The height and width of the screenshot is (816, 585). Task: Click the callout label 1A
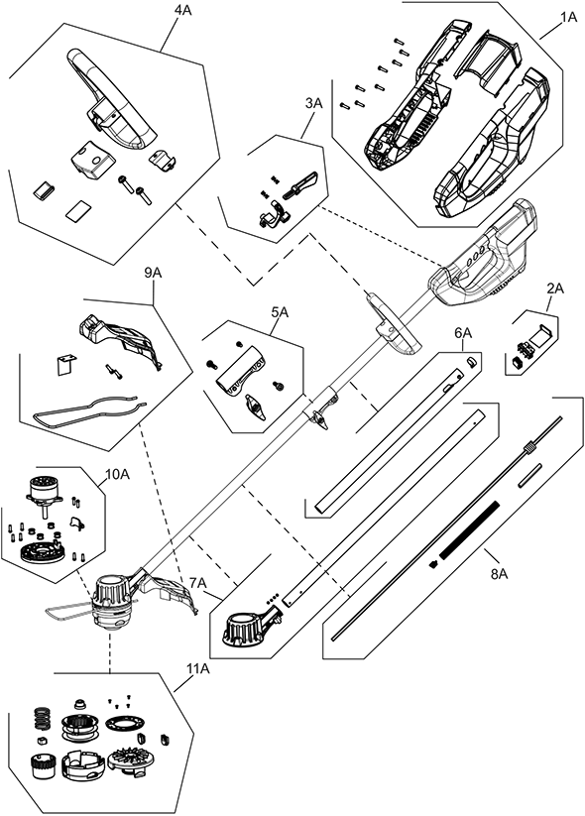568,17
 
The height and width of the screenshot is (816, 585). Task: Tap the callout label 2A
555,289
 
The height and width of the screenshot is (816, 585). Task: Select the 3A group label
314,103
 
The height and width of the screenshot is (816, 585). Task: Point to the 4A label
182,11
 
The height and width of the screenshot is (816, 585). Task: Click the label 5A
280,312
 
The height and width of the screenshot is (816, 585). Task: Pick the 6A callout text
463,333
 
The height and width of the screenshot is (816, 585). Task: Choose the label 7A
198,583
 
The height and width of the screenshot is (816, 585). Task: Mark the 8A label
499,574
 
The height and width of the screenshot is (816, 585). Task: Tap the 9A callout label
153,274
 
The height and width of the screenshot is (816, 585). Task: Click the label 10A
118,474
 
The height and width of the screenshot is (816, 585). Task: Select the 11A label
197,669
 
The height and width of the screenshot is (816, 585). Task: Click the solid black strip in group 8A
469,529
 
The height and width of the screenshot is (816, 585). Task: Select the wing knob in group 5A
255,407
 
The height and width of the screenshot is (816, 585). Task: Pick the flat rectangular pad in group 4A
78,211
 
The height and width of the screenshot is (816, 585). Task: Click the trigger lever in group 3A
300,183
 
